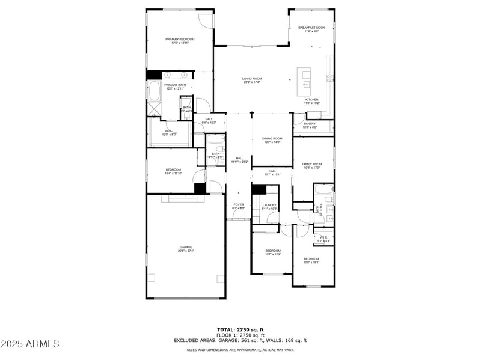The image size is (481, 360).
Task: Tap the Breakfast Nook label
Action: (311, 28)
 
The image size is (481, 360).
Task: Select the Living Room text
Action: (252, 78)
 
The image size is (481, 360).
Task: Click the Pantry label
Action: (310, 124)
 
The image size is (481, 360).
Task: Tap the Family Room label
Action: (311, 164)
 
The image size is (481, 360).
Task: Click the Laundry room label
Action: (269, 205)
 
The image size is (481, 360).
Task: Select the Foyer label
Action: (239, 205)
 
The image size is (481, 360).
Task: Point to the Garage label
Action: (185, 247)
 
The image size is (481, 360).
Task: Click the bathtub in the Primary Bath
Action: (153, 92)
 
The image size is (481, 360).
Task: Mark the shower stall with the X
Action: (153, 109)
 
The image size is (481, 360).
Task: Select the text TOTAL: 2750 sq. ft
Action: (240, 329)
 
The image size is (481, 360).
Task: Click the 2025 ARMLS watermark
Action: (29, 344)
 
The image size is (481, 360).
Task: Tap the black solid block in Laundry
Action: (259, 190)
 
